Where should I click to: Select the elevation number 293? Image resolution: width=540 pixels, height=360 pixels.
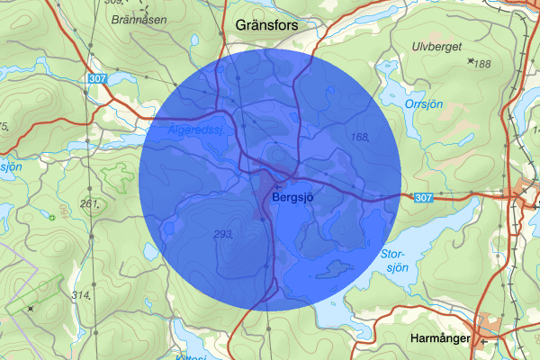(x=223, y=234)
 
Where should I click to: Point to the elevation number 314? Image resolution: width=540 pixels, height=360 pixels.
(x=82, y=295)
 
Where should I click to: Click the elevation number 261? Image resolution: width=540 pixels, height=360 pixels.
(x=88, y=203)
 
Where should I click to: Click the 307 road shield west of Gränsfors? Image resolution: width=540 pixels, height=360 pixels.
(x=98, y=80)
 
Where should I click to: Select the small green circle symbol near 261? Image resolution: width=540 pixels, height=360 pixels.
(x=52, y=217)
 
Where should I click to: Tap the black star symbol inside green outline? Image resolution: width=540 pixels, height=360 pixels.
(x=31, y=308)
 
